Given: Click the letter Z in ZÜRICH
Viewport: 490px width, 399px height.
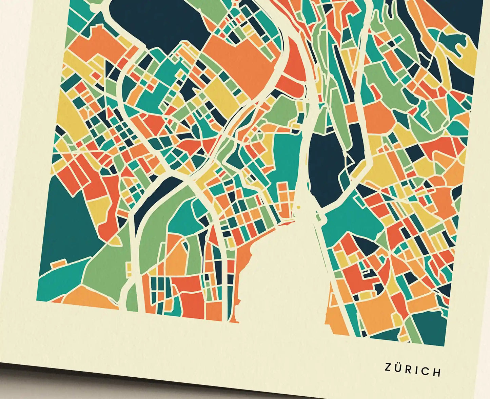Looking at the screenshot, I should coord(388,367).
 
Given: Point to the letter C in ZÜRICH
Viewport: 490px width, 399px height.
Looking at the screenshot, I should coord(425,371).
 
